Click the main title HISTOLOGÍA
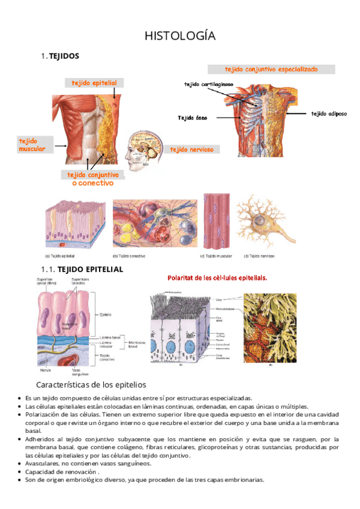[180, 37]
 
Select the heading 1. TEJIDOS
[59, 56]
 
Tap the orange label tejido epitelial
[94, 83]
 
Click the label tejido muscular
[32, 144]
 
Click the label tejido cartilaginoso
[209, 84]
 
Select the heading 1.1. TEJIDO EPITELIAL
[82, 270]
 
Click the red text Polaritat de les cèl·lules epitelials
[217, 278]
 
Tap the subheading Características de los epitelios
[92, 384]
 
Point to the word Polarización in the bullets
[44, 414]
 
